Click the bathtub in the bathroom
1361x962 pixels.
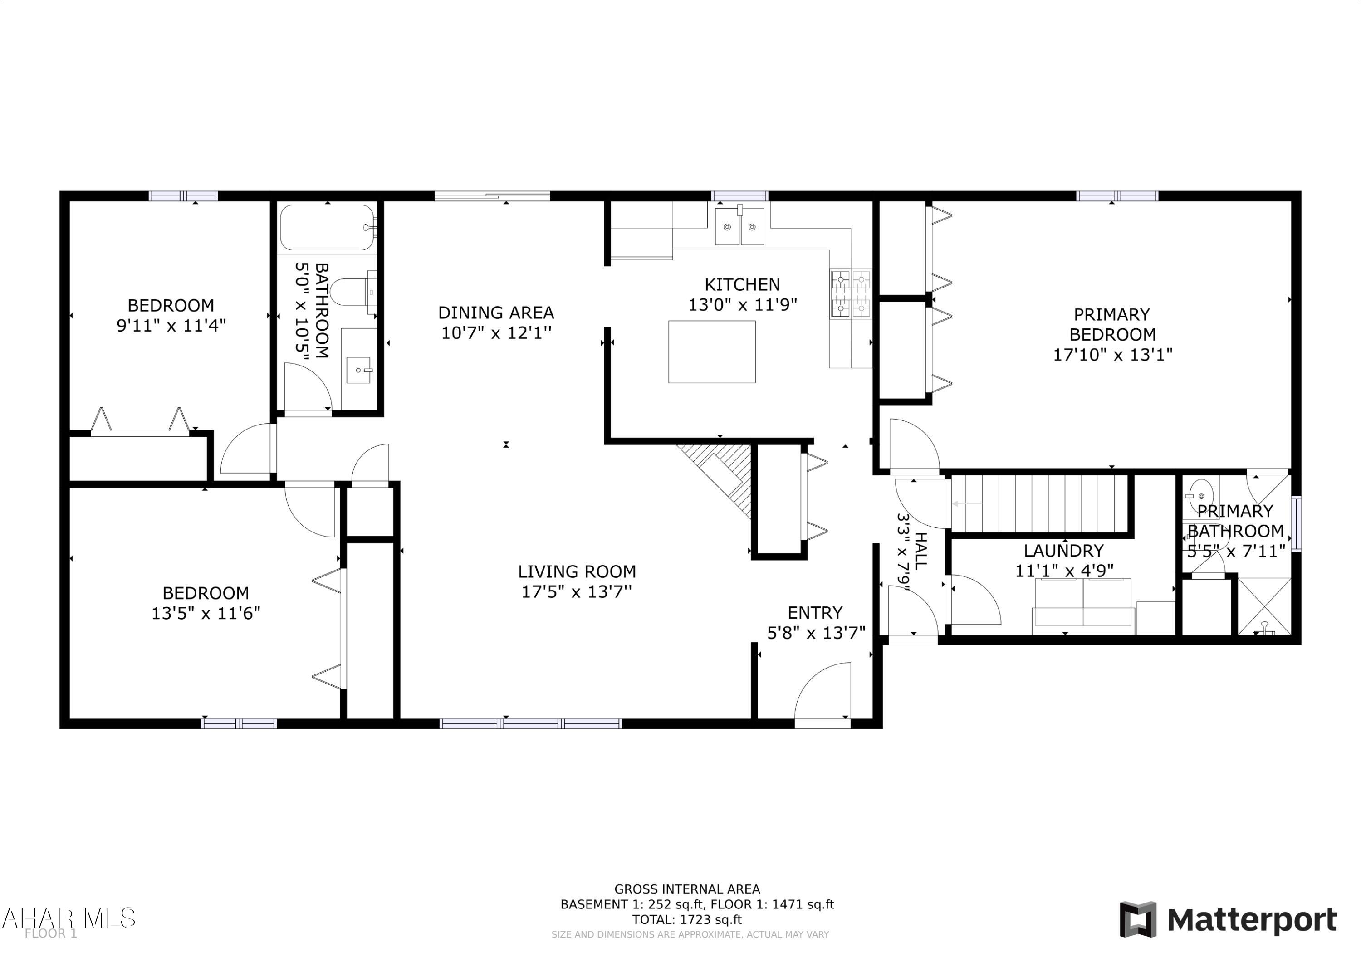(x=327, y=228)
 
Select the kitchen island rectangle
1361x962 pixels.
(x=711, y=352)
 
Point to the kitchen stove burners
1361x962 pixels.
(x=850, y=294)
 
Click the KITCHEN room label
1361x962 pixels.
(x=742, y=284)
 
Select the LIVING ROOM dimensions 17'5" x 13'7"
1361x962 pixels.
(x=576, y=591)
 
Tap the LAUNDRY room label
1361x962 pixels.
(x=1063, y=551)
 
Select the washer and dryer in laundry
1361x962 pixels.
(x=1083, y=603)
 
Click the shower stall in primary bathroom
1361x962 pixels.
(x=1264, y=606)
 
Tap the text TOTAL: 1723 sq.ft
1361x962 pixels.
(x=686, y=920)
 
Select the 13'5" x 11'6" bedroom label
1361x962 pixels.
(x=206, y=603)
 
